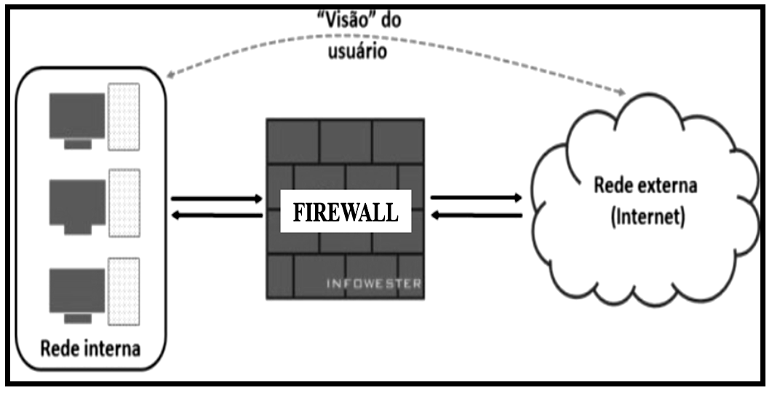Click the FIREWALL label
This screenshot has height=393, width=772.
click(x=345, y=212)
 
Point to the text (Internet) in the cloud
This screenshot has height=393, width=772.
click(x=645, y=218)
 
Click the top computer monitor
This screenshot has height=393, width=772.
click(x=76, y=115)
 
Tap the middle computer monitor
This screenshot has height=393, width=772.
click(x=76, y=201)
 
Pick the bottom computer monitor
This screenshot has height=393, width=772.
click(x=76, y=290)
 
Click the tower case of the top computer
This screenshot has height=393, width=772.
click(x=124, y=117)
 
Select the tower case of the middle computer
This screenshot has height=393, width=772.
click(x=124, y=203)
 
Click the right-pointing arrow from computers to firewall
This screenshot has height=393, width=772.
click(x=216, y=198)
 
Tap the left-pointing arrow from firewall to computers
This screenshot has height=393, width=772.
click(x=216, y=215)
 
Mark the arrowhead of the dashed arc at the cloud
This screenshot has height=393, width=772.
click(x=621, y=92)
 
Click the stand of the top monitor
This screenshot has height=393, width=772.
click(x=78, y=144)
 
